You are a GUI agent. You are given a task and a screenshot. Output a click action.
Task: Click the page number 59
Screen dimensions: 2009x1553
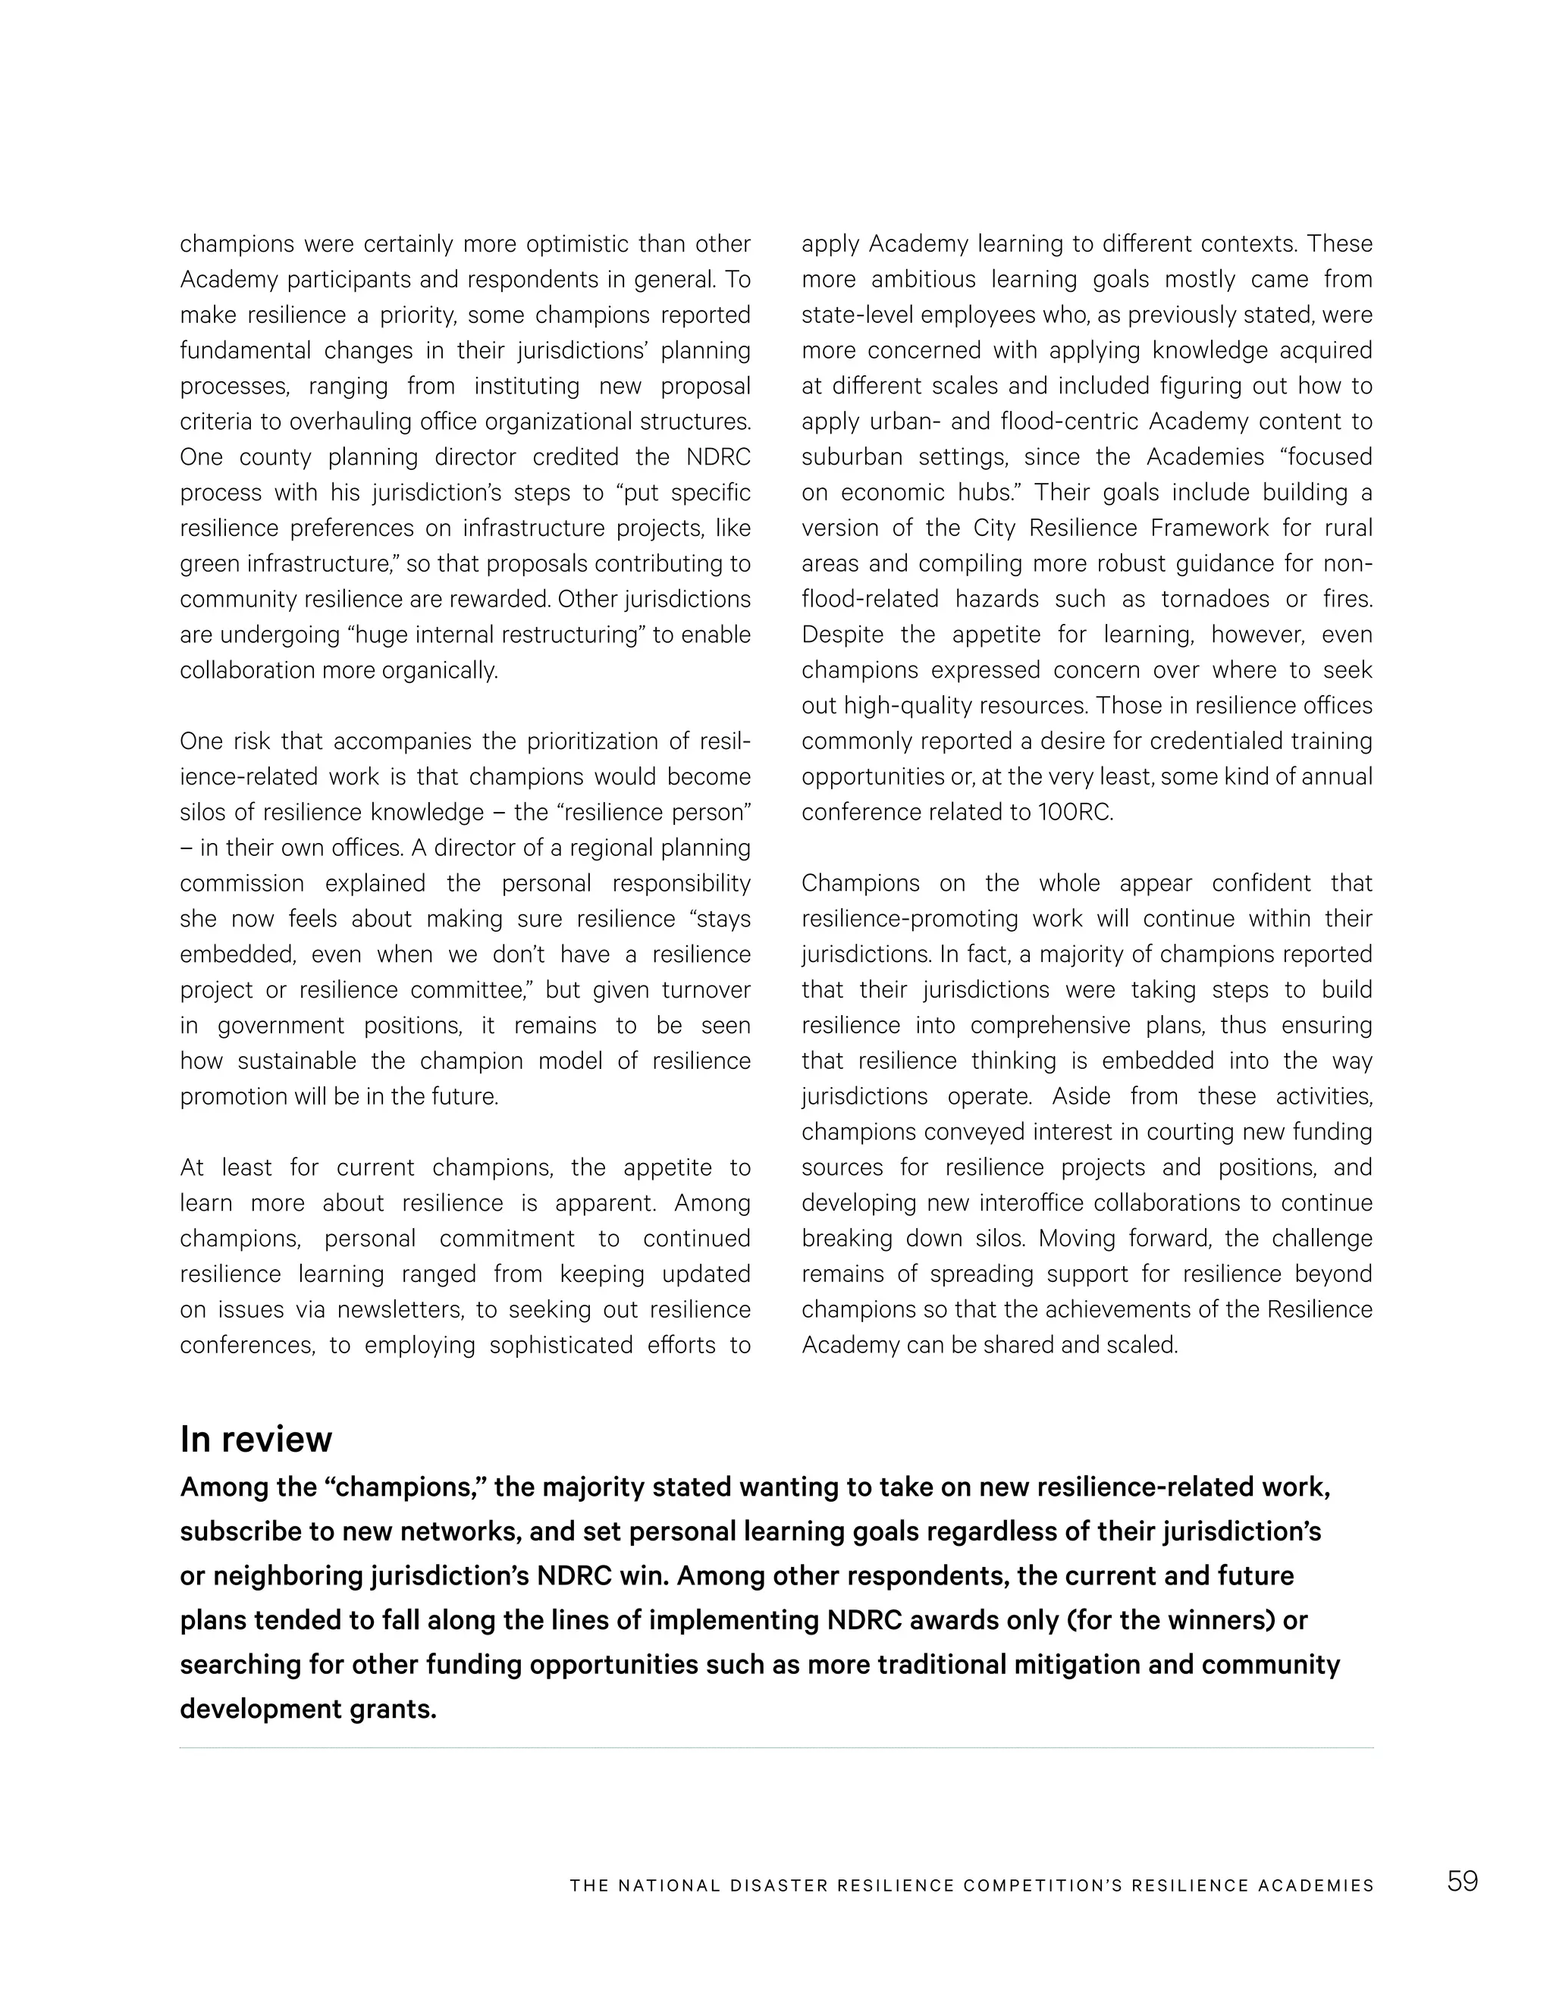(x=1462, y=1881)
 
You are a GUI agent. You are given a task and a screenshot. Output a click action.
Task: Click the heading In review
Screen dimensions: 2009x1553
(x=256, y=1440)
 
